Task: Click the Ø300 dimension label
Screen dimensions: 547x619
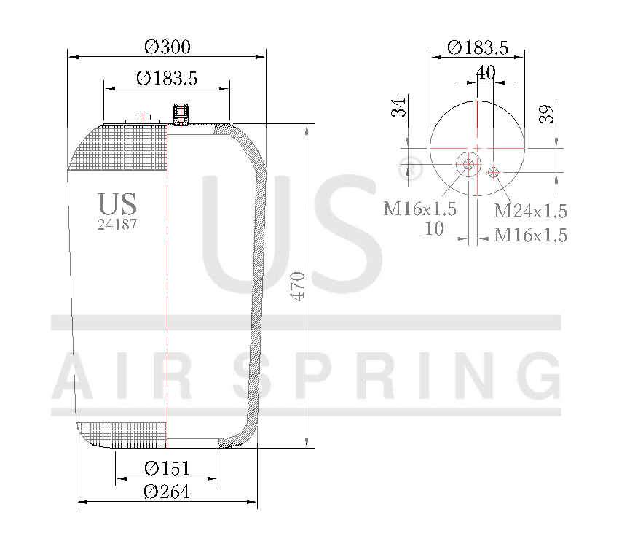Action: (167, 47)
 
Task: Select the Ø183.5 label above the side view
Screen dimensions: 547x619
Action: (167, 78)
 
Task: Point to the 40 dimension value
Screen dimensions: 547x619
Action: (486, 72)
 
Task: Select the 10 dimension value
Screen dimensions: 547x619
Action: (434, 229)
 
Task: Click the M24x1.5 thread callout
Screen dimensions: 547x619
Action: (530, 212)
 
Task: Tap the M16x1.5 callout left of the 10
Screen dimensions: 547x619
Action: (420, 209)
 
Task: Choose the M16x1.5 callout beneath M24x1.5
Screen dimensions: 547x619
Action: (530, 235)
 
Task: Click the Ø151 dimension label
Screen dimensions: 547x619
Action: (167, 468)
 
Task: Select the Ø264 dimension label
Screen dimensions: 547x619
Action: (167, 492)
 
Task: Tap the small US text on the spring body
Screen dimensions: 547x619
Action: (117, 204)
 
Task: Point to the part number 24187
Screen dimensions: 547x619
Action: (117, 225)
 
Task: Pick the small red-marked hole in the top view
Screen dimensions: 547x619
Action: (494, 172)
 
